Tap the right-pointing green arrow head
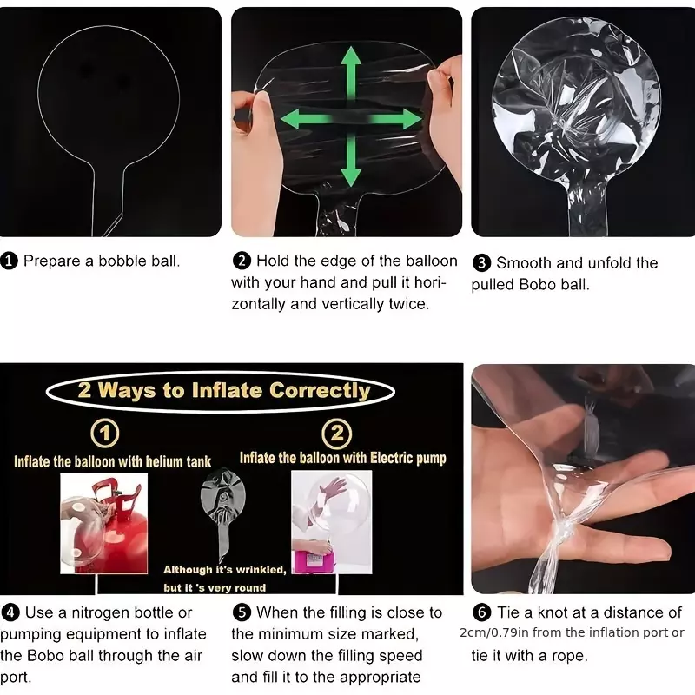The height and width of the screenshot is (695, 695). [410, 118]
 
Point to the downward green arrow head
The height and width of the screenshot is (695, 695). [351, 175]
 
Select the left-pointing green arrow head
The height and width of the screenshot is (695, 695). [291, 118]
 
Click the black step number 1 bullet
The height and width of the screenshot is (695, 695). [9, 261]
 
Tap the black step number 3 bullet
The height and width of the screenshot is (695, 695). [481, 263]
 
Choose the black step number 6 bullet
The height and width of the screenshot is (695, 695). [481, 613]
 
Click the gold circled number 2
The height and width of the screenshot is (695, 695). [337, 433]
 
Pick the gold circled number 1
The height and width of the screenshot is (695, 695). [105, 433]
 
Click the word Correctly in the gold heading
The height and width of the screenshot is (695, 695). [320, 391]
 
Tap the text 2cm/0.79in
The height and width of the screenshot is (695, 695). [493, 632]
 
